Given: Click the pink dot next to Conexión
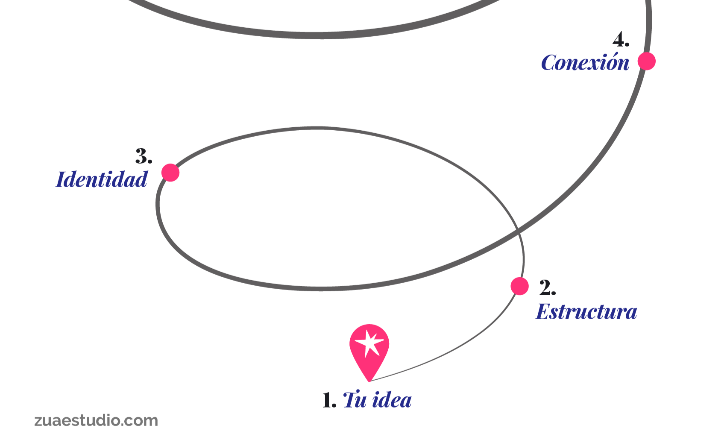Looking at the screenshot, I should (646, 61).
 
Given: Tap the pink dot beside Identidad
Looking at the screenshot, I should (170, 173).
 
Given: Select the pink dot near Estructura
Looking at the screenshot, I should (519, 286).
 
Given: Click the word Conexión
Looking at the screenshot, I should (585, 63).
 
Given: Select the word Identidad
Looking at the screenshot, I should (102, 179).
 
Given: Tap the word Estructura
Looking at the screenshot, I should (586, 311).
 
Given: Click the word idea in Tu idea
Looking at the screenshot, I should (391, 400).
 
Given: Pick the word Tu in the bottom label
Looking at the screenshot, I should (354, 400).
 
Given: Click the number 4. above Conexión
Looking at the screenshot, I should (621, 40).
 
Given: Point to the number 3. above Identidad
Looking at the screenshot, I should (144, 156).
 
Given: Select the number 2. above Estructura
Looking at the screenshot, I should (547, 287).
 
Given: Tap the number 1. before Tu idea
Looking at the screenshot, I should (328, 400).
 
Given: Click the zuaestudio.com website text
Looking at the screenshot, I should (96, 420).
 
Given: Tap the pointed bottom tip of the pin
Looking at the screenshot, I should (369, 381).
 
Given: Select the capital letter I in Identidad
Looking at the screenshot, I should (62, 179).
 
